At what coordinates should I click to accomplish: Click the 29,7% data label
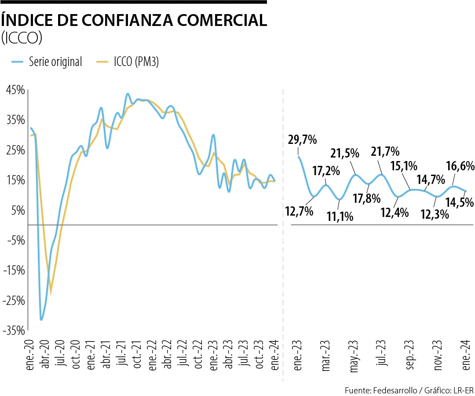(302, 140)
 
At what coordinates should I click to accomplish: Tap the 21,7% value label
(385, 152)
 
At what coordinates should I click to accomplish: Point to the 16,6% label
(460, 166)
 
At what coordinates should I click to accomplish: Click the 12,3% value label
(434, 214)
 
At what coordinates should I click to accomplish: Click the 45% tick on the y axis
(15, 90)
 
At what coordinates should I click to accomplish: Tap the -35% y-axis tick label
(14, 330)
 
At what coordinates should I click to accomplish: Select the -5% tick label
(16, 240)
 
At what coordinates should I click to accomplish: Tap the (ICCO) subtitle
(22, 39)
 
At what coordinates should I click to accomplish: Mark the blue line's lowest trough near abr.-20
(41, 319)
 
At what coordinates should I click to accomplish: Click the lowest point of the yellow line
(51, 292)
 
